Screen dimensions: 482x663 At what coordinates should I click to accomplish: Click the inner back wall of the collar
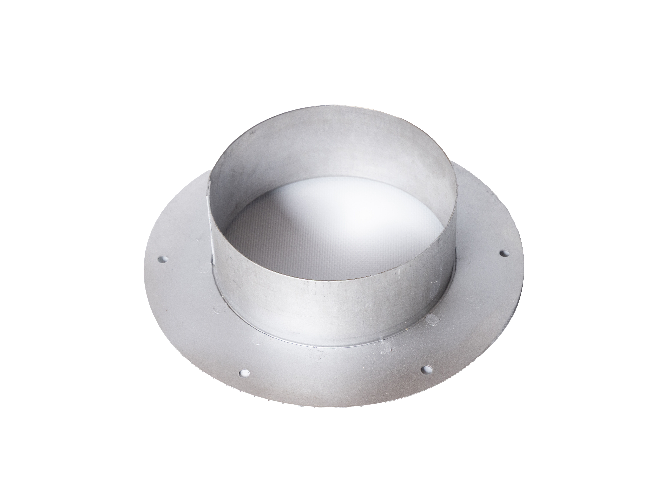[x=330, y=152]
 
